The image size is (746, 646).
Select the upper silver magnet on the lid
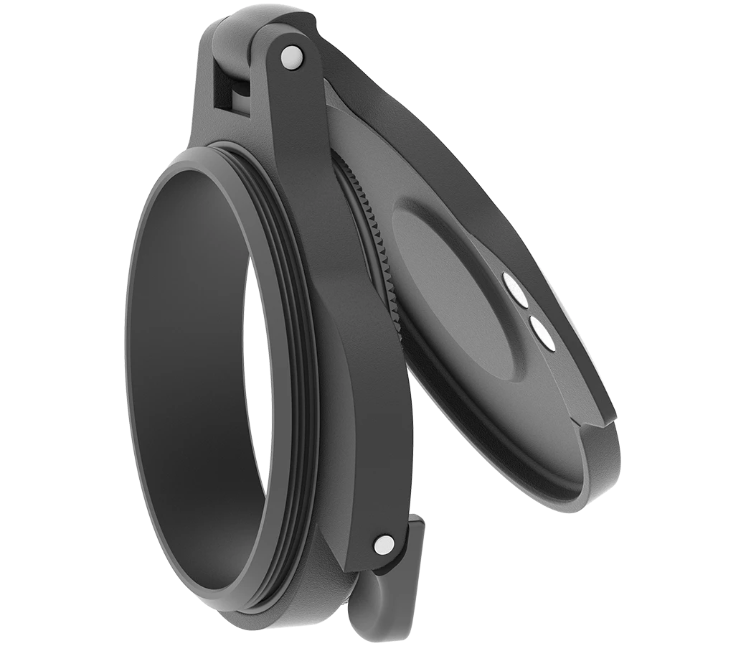pos(515,289)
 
